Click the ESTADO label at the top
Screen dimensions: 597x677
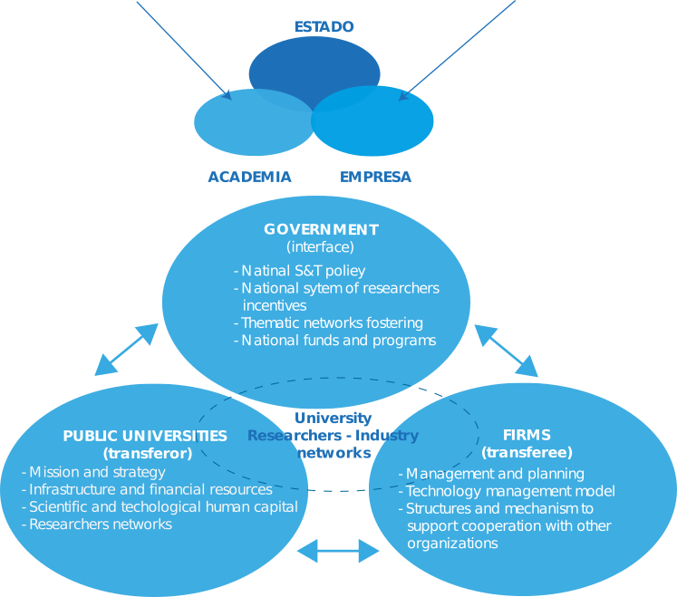tap(324, 27)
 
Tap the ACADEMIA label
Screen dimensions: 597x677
tap(249, 177)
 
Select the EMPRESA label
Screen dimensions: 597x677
tap(375, 177)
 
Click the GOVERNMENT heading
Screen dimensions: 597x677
tap(321, 229)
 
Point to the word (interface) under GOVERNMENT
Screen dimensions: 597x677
tap(320, 246)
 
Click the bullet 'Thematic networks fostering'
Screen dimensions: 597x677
tap(328, 323)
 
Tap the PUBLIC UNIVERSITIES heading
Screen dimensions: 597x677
tap(145, 436)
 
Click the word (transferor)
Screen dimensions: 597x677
tap(148, 453)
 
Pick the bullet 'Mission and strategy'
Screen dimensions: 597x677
tap(93, 472)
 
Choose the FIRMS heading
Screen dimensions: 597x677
tap(527, 435)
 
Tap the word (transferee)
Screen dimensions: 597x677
tap(527, 452)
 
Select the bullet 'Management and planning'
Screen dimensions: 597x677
tap(491, 474)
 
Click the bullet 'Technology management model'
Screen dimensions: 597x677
tap(507, 491)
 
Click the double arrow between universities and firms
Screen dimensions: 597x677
tap(338, 550)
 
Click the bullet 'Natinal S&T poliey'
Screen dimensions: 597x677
tap(299, 270)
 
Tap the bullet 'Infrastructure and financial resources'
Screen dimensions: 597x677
tap(147, 489)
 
